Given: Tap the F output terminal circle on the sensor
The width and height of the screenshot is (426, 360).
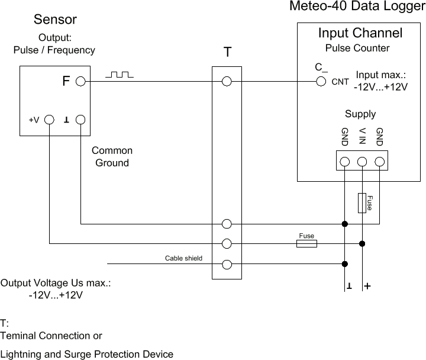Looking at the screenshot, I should click(81, 82).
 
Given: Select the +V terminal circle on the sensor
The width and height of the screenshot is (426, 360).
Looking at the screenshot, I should click(50, 120).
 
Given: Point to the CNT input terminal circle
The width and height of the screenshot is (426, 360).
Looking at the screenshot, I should click(321, 82).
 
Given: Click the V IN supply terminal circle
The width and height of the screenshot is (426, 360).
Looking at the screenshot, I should click(362, 161).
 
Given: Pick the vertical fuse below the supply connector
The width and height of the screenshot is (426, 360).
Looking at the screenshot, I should click(362, 202).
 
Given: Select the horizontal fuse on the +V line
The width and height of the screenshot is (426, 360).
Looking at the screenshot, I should click(306, 243).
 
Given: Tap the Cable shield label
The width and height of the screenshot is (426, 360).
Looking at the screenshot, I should click(183, 258).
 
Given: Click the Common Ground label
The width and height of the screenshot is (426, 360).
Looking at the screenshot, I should click(112, 157).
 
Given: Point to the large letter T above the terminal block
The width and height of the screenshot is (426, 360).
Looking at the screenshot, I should click(227, 53).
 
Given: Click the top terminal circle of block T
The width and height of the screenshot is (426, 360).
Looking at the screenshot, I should click(227, 82).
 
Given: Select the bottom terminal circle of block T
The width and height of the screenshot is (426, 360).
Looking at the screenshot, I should click(227, 265).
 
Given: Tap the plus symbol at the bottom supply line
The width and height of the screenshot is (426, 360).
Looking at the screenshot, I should click(367, 286).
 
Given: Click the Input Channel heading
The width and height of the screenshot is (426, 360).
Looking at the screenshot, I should click(360, 33).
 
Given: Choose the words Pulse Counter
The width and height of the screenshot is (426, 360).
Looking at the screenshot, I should click(357, 48).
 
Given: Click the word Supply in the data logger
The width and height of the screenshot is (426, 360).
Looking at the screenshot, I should click(360, 114).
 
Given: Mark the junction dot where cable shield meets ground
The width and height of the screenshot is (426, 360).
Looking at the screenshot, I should click(344, 265).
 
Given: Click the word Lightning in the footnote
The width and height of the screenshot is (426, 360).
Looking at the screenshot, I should click(21, 354).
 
